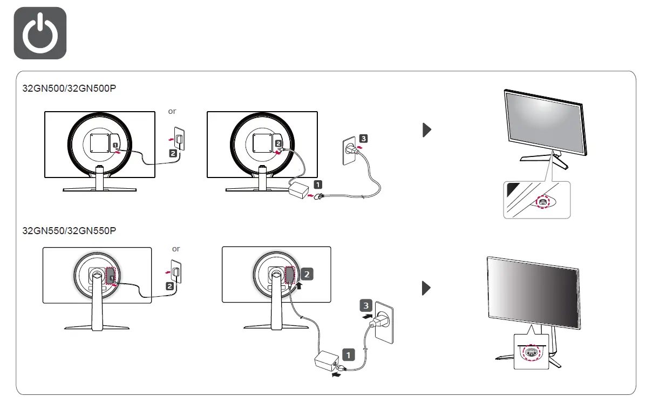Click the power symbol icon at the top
point(40,33)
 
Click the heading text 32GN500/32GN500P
point(69,88)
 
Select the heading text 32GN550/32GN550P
point(69,231)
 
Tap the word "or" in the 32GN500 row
point(172,112)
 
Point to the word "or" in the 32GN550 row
point(176,249)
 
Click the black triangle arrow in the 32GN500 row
point(427,129)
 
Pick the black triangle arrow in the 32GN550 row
point(427,288)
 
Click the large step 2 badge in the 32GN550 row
point(307,274)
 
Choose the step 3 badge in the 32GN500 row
point(364,139)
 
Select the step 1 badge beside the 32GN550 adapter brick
point(349,355)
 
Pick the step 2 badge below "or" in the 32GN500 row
point(173,153)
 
